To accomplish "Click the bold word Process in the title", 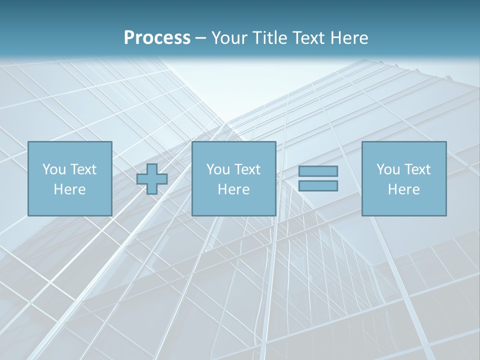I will (x=157, y=38).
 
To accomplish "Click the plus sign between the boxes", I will (x=152, y=179).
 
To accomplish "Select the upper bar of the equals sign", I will (x=318, y=171).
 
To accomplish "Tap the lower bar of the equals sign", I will (x=318, y=186).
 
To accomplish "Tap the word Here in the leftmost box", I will (x=69, y=189).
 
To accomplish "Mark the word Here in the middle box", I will (x=233, y=189).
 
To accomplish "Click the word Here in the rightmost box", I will (x=403, y=189).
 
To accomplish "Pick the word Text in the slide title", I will (x=309, y=38).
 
